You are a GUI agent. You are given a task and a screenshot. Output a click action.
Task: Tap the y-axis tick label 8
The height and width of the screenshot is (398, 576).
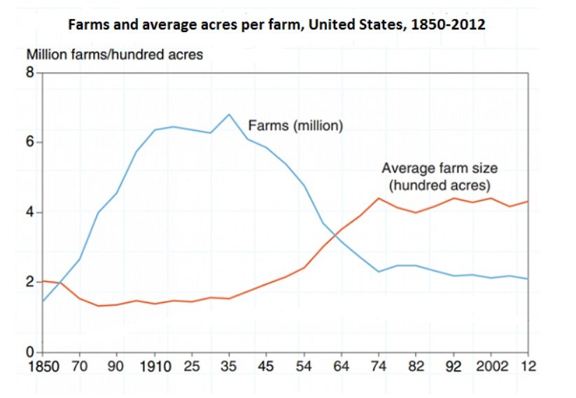29,73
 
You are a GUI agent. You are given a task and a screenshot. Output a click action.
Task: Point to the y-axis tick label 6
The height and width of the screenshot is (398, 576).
29,143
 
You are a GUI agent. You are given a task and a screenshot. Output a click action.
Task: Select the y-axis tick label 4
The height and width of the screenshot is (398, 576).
29,213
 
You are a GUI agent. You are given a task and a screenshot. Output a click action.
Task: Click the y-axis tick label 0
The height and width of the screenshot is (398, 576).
29,352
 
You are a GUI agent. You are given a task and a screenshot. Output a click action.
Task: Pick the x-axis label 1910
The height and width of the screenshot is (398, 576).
155,365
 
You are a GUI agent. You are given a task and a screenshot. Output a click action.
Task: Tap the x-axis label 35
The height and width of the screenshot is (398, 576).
228,365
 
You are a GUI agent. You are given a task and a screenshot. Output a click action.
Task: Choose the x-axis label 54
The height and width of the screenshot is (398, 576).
304,365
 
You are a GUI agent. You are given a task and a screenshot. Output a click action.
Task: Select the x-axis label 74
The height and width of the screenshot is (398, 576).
378,365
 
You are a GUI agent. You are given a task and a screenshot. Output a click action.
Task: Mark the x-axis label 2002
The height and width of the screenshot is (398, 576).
493,365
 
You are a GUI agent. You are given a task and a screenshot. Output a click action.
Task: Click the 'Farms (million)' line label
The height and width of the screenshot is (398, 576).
295,127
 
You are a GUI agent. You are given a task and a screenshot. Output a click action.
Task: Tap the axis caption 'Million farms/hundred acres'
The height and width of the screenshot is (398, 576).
114,55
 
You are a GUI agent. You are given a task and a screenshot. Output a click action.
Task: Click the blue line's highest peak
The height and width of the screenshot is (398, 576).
229,114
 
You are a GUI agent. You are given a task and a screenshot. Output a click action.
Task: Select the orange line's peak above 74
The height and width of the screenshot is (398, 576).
378,198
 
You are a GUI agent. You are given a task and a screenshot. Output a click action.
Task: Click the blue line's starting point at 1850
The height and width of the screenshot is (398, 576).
43,301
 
